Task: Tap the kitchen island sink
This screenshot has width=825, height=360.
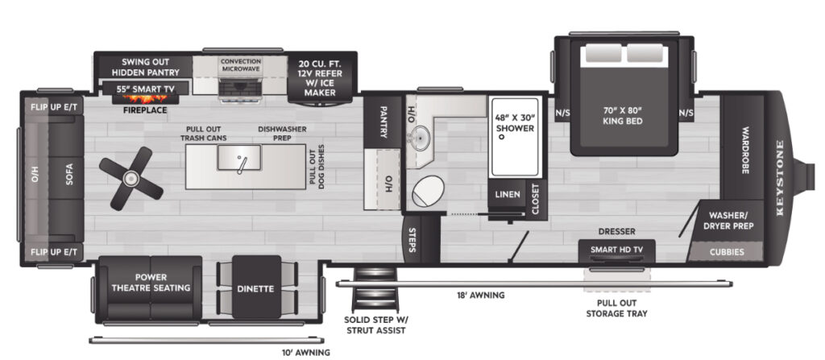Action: click(x=239, y=158)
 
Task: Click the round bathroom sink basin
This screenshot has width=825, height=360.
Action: click(x=420, y=137)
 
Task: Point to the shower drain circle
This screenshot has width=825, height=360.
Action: click(x=501, y=137)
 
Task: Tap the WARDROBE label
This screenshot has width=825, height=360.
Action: click(x=744, y=150)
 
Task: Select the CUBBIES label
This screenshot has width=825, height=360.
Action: click(x=727, y=252)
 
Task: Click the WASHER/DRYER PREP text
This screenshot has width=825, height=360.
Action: click(x=731, y=221)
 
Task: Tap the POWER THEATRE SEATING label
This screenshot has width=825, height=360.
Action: click(x=151, y=283)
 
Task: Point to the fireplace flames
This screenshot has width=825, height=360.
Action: click(x=145, y=98)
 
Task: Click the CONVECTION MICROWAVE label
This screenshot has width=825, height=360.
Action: click(x=241, y=64)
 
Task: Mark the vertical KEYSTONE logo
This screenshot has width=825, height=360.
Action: click(x=780, y=177)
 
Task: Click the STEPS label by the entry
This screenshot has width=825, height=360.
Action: click(x=412, y=239)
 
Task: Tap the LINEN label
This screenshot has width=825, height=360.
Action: click(x=508, y=194)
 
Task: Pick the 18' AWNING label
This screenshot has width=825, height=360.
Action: click(x=480, y=296)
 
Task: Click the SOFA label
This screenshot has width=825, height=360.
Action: click(x=69, y=175)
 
